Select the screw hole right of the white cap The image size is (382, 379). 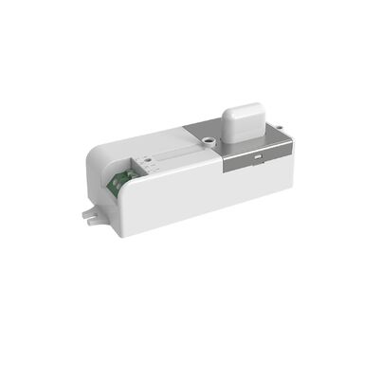point(276,125)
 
